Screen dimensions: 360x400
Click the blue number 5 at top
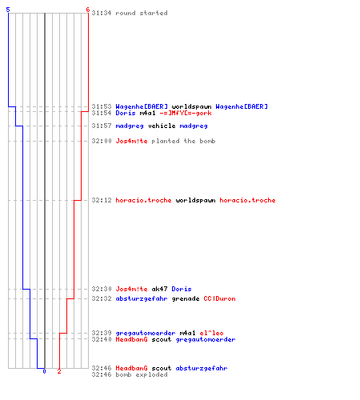[x=8, y=10]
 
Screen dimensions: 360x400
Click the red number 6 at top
[x=88, y=10]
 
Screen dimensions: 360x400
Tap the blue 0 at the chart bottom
[x=44, y=371]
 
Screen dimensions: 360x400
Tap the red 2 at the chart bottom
[x=59, y=371]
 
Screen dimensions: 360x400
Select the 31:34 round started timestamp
[x=102, y=13]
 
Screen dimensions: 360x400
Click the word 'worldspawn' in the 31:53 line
[x=191, y=106]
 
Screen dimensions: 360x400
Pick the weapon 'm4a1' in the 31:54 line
[x=147, y=113]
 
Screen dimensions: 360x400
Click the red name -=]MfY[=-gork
[x=186, y=113]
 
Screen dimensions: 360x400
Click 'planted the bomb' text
[x=183, y=141]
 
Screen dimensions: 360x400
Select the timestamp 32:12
[x=102, y=200]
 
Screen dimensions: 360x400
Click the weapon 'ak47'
[x=159, y=289]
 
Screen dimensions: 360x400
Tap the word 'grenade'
[x=186, y=298]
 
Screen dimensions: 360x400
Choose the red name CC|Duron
[x=219, y=298]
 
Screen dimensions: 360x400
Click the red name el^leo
[x=211, y=333]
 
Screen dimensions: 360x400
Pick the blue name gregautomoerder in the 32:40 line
[x=206, y=339]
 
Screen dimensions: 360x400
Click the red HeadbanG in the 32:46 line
[x=131, y=368]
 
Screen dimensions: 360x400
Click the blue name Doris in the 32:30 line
[x=182, y=289]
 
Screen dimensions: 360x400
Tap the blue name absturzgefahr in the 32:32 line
[x=142, y=298]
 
